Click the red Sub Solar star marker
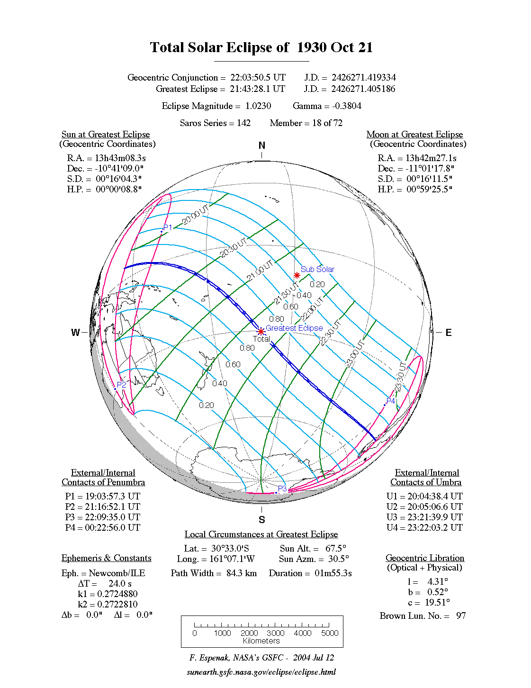coord(297,275)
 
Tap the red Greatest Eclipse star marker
coord(261,331)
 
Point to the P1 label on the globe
coord(168,228)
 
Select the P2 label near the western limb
coord(122,385)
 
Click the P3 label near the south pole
coord(282,489)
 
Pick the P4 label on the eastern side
coord(391,401)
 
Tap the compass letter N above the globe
coord(262,145)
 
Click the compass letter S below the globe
coord(262,520)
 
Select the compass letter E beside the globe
coord(448,333)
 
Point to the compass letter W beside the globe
coord(75,333)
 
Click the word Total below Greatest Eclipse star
coord(261,339)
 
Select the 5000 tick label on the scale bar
coord(330,633)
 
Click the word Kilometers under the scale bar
coord(261,641)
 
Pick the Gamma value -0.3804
coord(347,106)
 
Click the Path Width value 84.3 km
coord(242,573)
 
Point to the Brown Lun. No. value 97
coord(461,616)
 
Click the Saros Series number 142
coord(243,123)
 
